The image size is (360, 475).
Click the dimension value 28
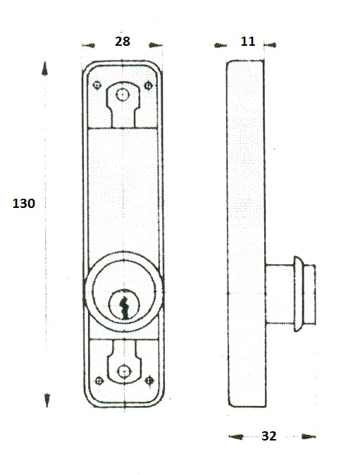(x=123, y=41)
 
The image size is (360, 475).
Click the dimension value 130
(x=24, y=203)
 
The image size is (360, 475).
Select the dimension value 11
(x=248, y=41)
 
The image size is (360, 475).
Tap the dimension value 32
(x=269, y=436)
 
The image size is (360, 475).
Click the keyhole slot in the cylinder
(x=125, y=308)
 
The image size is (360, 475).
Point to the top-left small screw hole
(x=97, y=85)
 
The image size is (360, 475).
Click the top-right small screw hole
(x=148, y=85)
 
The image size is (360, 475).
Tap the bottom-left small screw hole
(x=99, y=381)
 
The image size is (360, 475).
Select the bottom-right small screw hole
(x=149, y=380)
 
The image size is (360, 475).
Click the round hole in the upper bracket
(x=123, y=95)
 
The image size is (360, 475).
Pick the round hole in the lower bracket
(x=124, y=371)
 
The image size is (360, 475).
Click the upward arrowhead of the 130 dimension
(x=45, y=68)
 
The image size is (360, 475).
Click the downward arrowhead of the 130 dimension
(x=47, y=400)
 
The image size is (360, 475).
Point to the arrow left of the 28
(x=88, y=45)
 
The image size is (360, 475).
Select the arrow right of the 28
(x=155, y=45)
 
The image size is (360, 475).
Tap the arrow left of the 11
(x=220, y=45)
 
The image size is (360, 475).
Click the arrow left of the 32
(x=236, y=436)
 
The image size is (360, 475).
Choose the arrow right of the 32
(x=309, y=436)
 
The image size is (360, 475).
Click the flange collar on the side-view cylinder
(x=298, y=294)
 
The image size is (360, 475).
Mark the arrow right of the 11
(x=270, y=45)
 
